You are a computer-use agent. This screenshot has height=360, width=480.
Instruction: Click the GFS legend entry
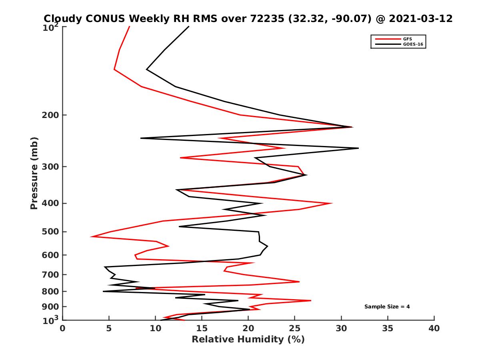click(x=407, y=39)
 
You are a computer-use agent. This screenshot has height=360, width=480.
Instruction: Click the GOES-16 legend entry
click(x=413, y=44)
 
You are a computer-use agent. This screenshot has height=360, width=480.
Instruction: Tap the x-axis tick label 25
click(x=295, y=328)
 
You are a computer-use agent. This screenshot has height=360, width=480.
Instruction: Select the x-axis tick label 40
click(x=434, y=328)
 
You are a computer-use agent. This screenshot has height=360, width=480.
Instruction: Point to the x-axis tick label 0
click(x=63, y=328)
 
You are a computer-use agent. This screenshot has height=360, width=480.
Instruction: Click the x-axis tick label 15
click(x=202, y=328)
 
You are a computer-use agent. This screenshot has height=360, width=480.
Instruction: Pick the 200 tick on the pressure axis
click(x=49, y=115)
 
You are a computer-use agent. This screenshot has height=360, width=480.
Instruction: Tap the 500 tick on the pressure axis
click(x=49, y=232)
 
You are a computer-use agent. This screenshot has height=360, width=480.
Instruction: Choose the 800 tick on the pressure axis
click(x=49, y=291)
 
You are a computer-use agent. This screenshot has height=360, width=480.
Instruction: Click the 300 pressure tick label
click(x=49, y=166)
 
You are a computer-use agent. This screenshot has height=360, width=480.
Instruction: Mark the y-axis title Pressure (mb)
click(x=34, y=173)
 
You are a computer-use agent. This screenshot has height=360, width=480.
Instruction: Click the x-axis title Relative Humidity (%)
click(x=248, y=340)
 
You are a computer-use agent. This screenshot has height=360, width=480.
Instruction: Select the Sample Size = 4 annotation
click(x=387, y=307)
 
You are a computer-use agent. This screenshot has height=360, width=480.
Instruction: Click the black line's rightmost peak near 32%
click(x=358, y=148)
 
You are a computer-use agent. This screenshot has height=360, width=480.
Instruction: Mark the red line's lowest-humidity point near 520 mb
click(x=91, y=237)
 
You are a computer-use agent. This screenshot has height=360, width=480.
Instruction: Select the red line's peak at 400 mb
click(x=332, y=203)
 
